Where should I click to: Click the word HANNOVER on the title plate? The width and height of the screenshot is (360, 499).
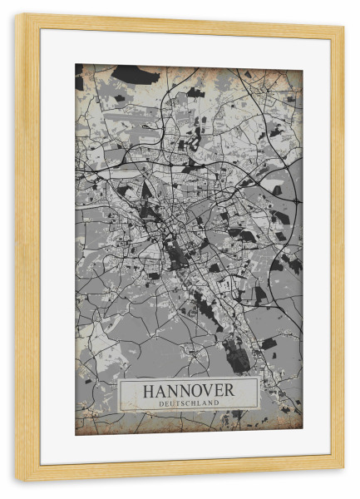click(188, 389)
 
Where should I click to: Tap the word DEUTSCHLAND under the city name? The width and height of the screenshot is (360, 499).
click(188, 403)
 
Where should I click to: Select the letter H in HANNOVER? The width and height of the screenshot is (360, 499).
click(150, 389)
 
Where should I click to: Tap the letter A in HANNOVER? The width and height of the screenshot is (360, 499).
click(162, 389)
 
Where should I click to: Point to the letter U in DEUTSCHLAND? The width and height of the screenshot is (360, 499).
click(170, 403)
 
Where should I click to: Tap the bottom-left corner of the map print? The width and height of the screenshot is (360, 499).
click(76, 434)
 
